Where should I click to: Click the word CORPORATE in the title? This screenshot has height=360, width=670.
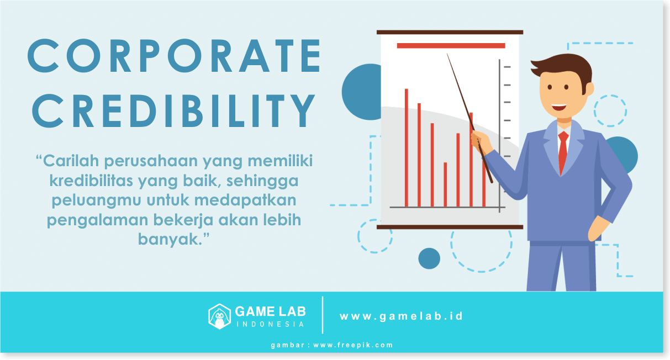click(x=174, y=56)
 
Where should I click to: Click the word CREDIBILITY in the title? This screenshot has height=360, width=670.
click(x=173, y=110)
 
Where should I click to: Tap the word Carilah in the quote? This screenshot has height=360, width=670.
click(x=71, y=161)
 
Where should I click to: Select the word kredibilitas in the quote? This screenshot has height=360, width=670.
click(x=91, y=181)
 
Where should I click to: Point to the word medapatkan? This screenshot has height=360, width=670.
click(x=245, y=200)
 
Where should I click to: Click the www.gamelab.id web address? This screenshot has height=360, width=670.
click(x=401, y=316)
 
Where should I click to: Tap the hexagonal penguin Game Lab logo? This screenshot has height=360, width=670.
click(x=219, y=316)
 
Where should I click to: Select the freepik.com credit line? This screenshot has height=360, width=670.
click(x=332, y=345)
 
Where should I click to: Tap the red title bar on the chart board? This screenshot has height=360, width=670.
click(x=451, y=46)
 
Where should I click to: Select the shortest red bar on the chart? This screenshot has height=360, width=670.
click(x=445, y=184)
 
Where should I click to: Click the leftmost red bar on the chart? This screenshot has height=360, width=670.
click(x=406, y=148)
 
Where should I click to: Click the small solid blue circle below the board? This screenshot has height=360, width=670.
click(x=429, y=258)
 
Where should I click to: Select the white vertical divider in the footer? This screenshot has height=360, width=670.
click(x=323, y=315)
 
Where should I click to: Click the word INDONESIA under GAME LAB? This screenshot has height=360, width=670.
click(x=271, y=325)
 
